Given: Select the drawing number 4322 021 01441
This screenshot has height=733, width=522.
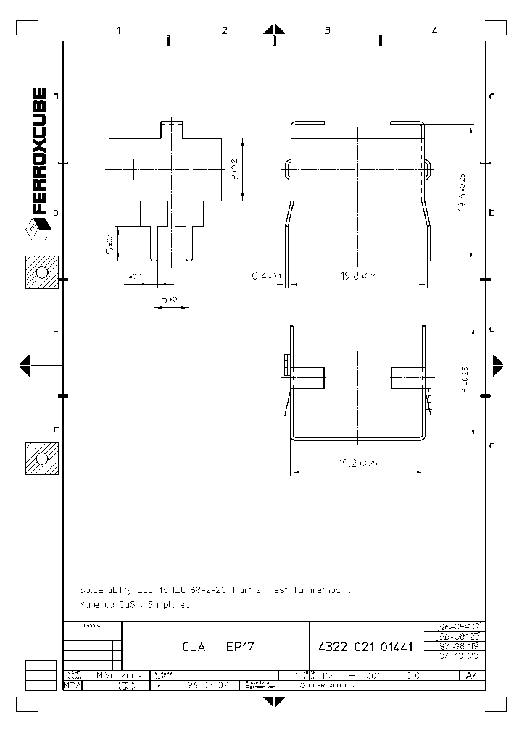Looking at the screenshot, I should (365, 647).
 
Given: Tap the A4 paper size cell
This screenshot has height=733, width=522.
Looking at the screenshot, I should (472, 675).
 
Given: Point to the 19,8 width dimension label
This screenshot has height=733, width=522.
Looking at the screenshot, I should (358, 275).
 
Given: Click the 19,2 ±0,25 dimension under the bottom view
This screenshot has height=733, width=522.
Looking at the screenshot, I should (357, 461).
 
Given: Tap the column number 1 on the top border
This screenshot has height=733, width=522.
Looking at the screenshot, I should (117, 30).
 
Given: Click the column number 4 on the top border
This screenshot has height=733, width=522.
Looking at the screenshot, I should (434, 30).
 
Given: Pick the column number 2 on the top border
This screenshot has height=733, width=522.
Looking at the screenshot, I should (224, 30).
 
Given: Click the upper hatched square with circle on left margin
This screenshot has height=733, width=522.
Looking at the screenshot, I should (41, 273).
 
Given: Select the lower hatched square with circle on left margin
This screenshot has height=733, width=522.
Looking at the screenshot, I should (41, 458).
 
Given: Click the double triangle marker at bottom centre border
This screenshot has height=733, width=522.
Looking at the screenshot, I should (274, 700).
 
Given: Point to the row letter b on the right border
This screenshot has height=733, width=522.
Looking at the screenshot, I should (492, 212).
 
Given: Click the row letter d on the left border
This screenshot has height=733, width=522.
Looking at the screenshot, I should (56, 429).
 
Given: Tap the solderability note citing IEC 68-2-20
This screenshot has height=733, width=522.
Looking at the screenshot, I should (215, 590).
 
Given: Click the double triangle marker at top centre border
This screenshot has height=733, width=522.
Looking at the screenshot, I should (274, 30).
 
